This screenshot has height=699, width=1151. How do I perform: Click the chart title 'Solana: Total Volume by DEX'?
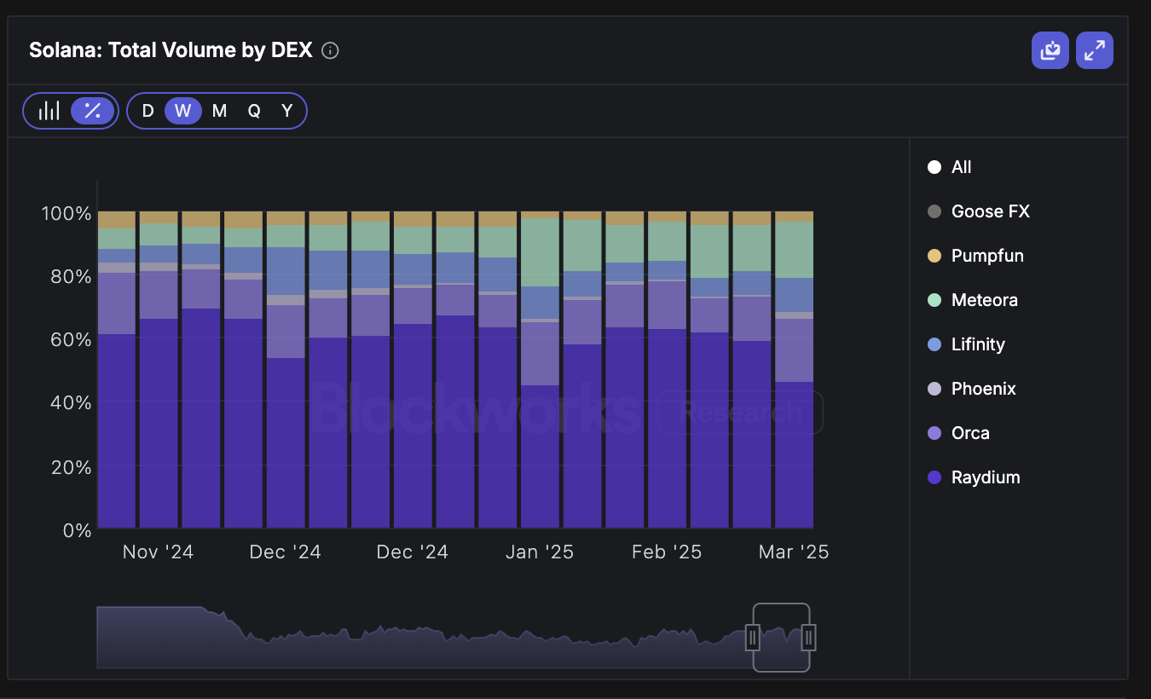coord(171,50)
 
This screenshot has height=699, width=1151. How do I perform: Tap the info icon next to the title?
coord(330,51)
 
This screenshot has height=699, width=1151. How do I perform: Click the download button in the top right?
coord(1050,50)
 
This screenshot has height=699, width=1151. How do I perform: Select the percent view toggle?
coord(92,111)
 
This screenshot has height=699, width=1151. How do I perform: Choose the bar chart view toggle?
coord(49,111)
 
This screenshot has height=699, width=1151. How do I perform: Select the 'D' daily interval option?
coord(147,111)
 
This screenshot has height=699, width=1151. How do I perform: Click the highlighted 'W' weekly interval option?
coord(182,111)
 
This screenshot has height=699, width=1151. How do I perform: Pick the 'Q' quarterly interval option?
coord(254,111)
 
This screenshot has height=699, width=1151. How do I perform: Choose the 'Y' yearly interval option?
coord(287,111)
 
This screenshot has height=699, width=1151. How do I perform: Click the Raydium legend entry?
coord(985,477)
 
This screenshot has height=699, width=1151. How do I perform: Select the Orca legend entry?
coord(969,433)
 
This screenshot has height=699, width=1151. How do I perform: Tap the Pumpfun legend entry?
coord(986,256)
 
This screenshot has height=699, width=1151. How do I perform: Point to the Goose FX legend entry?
coord(990,211)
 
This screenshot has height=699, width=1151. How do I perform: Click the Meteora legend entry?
coord(984,300)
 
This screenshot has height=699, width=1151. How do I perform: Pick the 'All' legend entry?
coord(961,167)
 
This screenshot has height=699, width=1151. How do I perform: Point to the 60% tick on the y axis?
coord(66,339)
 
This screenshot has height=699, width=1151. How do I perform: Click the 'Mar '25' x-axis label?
coord(793,552)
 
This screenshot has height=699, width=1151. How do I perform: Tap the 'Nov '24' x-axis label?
coord(158,552)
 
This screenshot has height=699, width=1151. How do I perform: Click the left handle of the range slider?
coord(753,637)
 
